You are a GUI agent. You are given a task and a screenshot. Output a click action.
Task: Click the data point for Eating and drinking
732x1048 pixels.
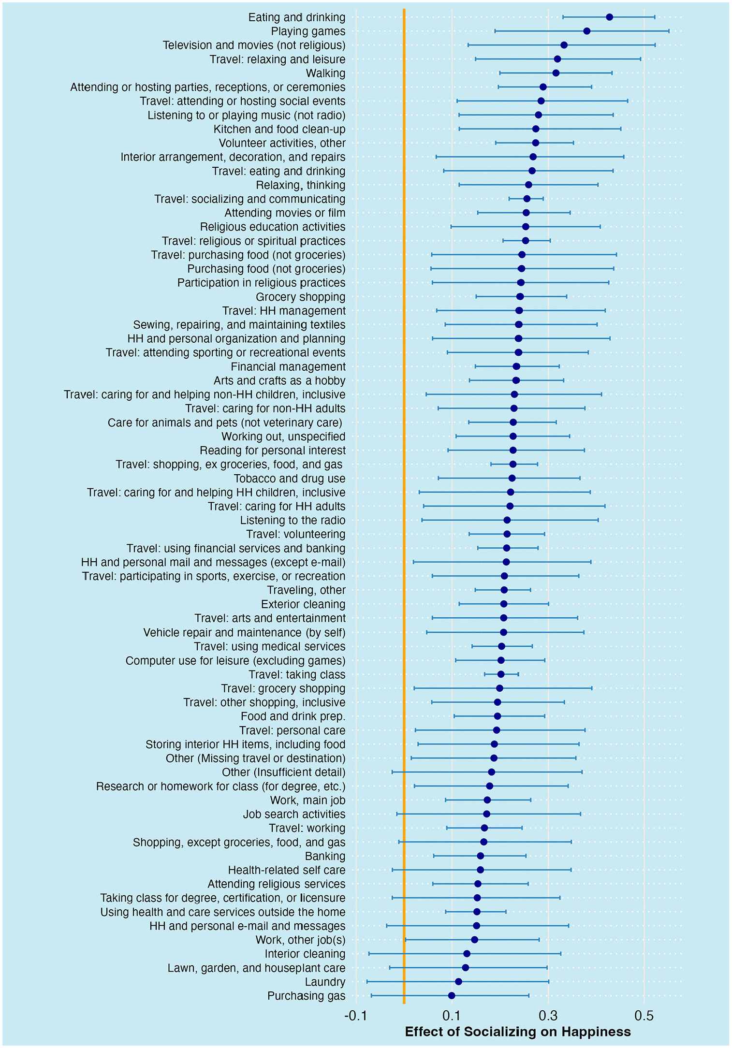(609, 17)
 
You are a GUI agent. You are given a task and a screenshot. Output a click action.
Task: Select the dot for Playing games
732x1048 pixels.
(587, 31)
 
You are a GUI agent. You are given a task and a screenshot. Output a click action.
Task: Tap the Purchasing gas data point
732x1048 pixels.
(452, 995)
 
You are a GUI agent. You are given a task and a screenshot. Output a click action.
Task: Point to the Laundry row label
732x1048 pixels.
(325, 982)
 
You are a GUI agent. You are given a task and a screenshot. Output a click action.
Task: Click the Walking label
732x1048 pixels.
(325, 73)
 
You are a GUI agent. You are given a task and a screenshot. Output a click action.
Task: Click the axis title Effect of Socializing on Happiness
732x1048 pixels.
(518, 1032)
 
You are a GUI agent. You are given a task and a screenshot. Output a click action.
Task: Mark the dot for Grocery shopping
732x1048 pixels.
(520, 297)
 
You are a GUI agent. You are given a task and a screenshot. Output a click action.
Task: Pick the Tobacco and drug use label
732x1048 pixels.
(290, 479)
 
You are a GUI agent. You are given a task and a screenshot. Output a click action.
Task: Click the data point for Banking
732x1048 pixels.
(480, 856)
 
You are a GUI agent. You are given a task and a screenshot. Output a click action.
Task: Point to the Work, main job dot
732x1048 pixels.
(487, 800)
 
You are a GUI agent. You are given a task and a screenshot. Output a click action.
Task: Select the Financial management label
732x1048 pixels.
(288, 367)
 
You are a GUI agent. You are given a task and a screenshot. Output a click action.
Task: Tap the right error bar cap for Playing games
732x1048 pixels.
(669, 31)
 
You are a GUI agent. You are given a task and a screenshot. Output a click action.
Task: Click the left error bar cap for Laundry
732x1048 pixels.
(367, 981)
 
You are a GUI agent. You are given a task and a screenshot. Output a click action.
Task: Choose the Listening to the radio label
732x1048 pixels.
(293, 521)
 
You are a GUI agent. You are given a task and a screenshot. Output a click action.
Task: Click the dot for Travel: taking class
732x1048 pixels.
(501, 674)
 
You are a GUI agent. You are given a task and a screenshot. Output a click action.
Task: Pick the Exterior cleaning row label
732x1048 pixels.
(303, 604)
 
